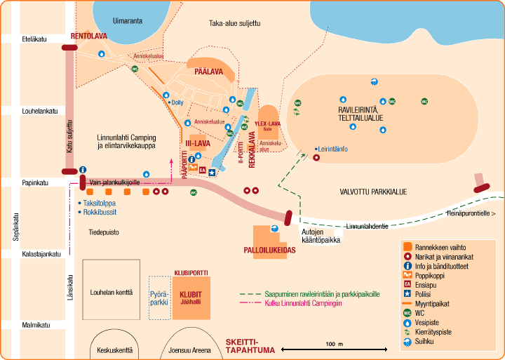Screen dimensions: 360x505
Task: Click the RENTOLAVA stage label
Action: coord(88,36)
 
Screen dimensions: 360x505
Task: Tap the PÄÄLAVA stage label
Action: coord(208,72)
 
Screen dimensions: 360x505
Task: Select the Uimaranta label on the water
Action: coord(127,21)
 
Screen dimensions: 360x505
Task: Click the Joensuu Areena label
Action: coord(189,349)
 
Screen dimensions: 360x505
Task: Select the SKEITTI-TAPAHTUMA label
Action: coord(248,347)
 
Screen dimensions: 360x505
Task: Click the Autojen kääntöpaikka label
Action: coord(321,236)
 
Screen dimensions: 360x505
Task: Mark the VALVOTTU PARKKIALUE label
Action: coord(373,191)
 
